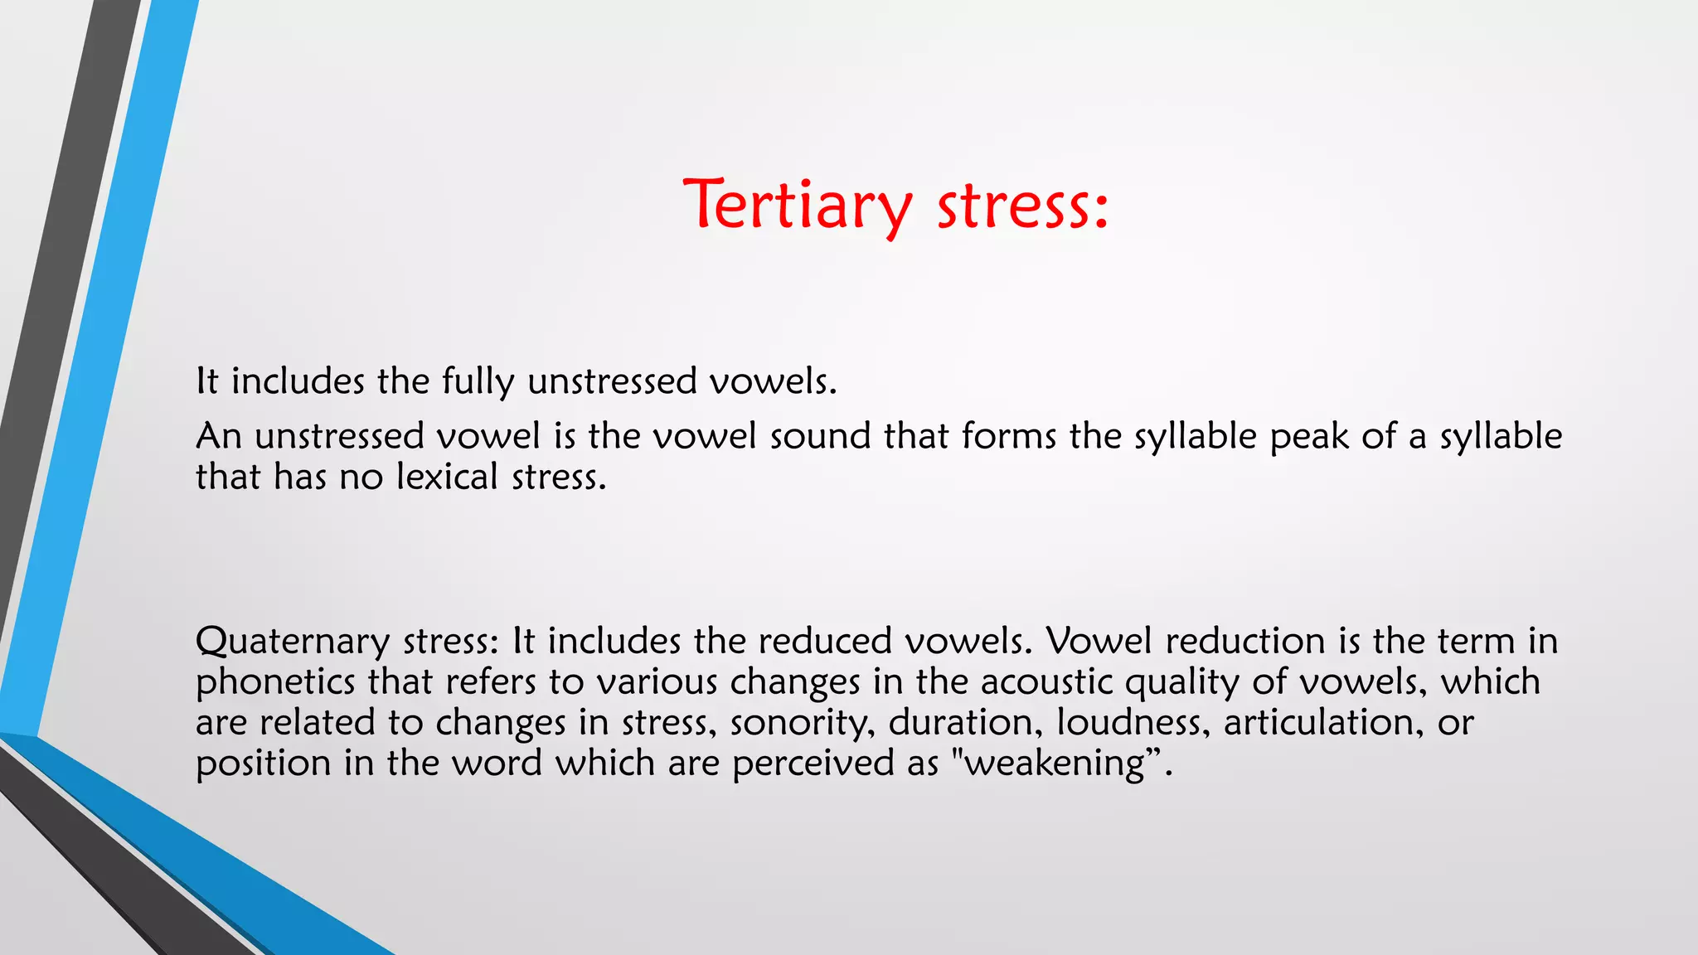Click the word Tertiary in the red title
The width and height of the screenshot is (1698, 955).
click(x=797, y=205)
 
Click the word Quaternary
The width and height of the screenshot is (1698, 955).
click(x=293, y=642)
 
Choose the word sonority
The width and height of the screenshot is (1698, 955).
click(x=802, y=723)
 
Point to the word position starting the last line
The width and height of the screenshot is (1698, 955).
click(x=263, y=764)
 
